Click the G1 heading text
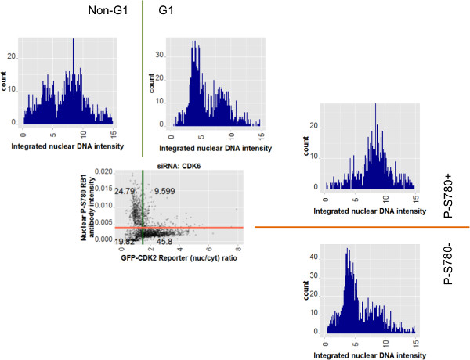166,11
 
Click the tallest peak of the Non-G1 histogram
72,40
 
